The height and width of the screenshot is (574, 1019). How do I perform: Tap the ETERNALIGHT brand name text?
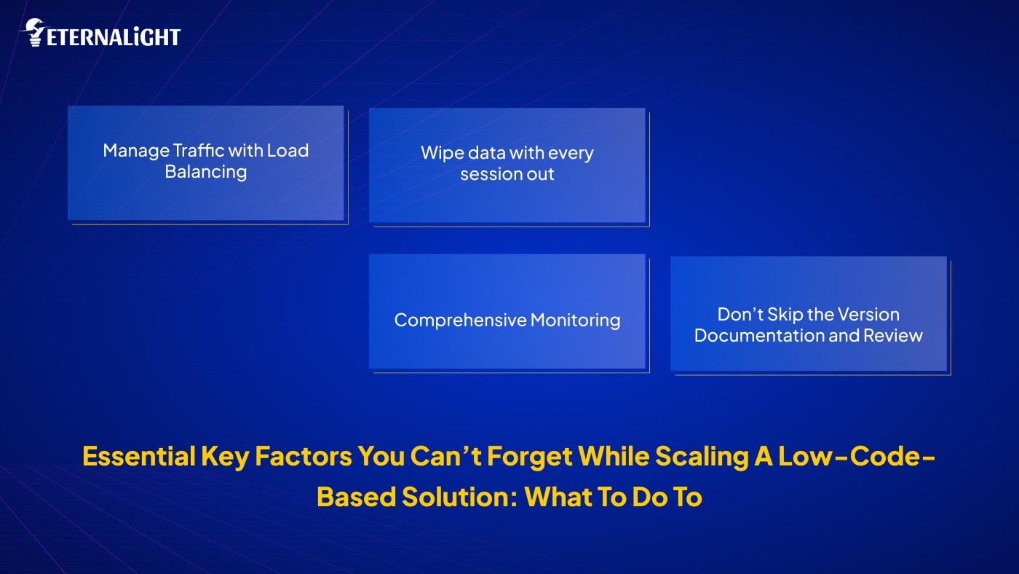coord(113,37)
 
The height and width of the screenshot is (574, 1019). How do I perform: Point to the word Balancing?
coord(205,172)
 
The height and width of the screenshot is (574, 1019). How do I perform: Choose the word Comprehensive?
coord(460,321)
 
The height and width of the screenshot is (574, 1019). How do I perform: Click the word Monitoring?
coord(575,321)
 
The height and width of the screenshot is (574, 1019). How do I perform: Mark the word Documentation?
coord(750,336)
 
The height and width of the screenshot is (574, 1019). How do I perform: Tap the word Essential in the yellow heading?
coord(138,456)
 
